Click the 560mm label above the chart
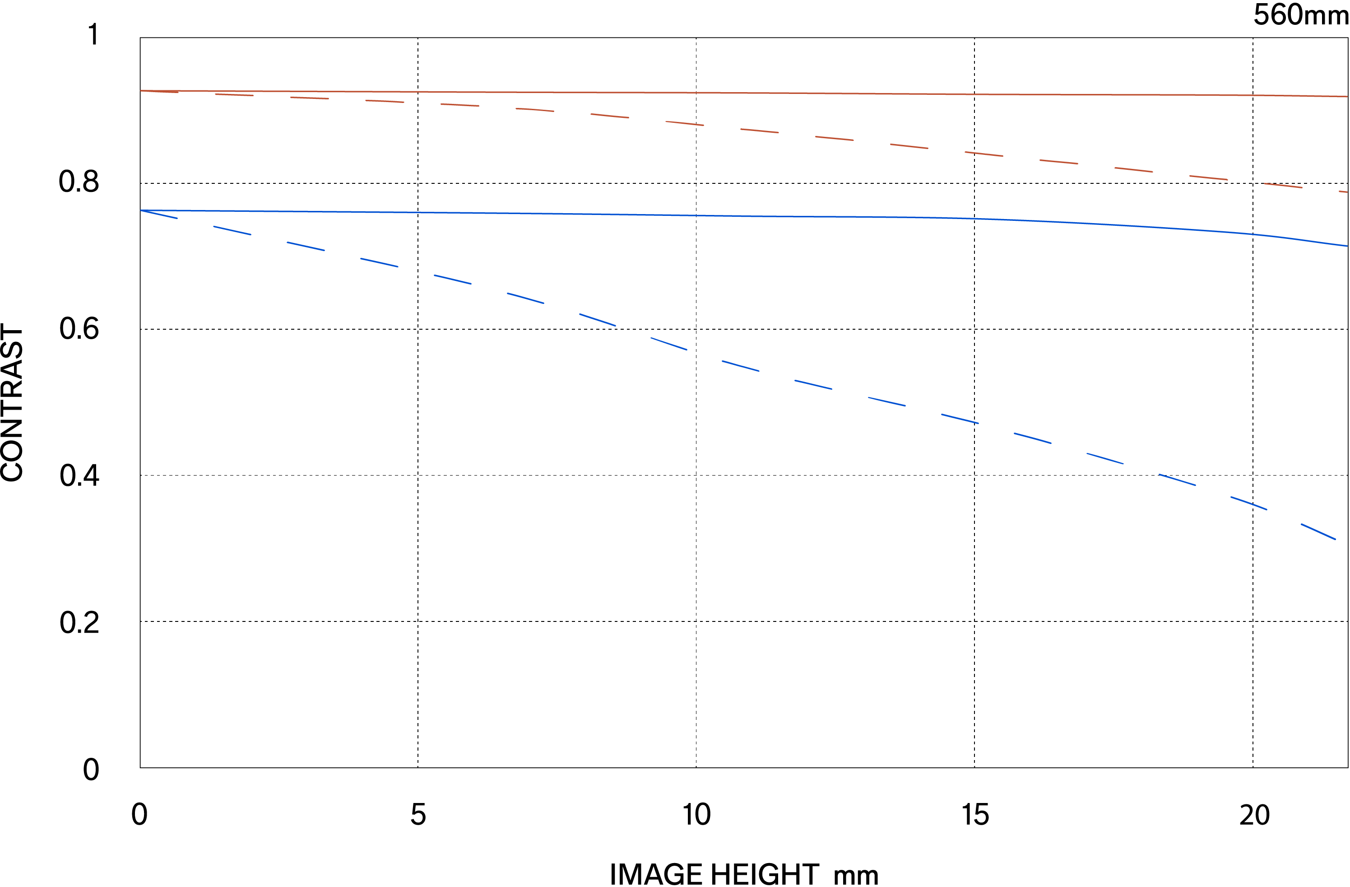pos(1300,15)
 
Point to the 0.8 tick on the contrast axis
pos(79,182)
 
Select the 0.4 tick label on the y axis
pos(79,476)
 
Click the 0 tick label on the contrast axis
pos(91,770)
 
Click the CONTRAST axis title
pos(13,403)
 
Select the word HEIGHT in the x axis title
pos(765,874)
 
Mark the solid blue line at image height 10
pos(696,215)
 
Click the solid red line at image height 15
pos(974,94)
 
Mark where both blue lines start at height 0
pos(141,210)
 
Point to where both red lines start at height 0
pos(141,91)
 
